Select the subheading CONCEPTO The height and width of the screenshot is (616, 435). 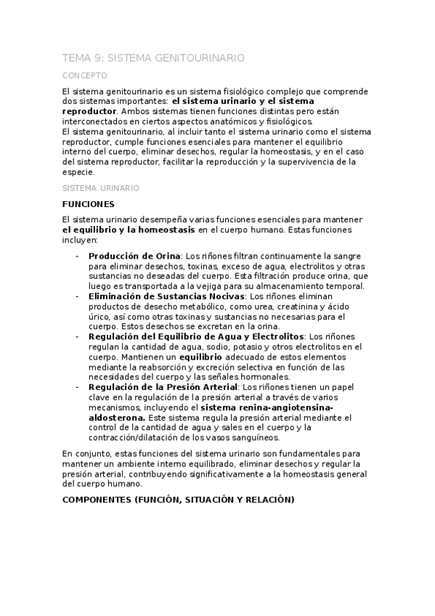[85, 75]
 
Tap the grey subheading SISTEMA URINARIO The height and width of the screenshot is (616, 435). [100, 187]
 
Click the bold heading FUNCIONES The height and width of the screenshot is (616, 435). [89, 204]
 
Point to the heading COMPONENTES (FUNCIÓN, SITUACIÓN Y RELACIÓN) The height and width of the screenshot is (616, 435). [178, 500]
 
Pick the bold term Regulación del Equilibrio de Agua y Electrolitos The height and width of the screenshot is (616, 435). [196, 337]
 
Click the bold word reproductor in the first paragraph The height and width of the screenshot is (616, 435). [89, 111]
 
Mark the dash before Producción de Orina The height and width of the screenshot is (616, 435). [78, 256]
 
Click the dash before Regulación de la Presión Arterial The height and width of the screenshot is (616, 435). [78, 388]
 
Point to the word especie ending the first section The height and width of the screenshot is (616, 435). [78, 172]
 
